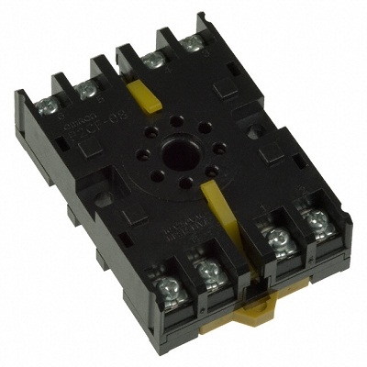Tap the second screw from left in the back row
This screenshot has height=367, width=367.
tap(88, 90)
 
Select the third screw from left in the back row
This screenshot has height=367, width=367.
tap(153, 61)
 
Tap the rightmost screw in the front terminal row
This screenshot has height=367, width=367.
tap(317, 220)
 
